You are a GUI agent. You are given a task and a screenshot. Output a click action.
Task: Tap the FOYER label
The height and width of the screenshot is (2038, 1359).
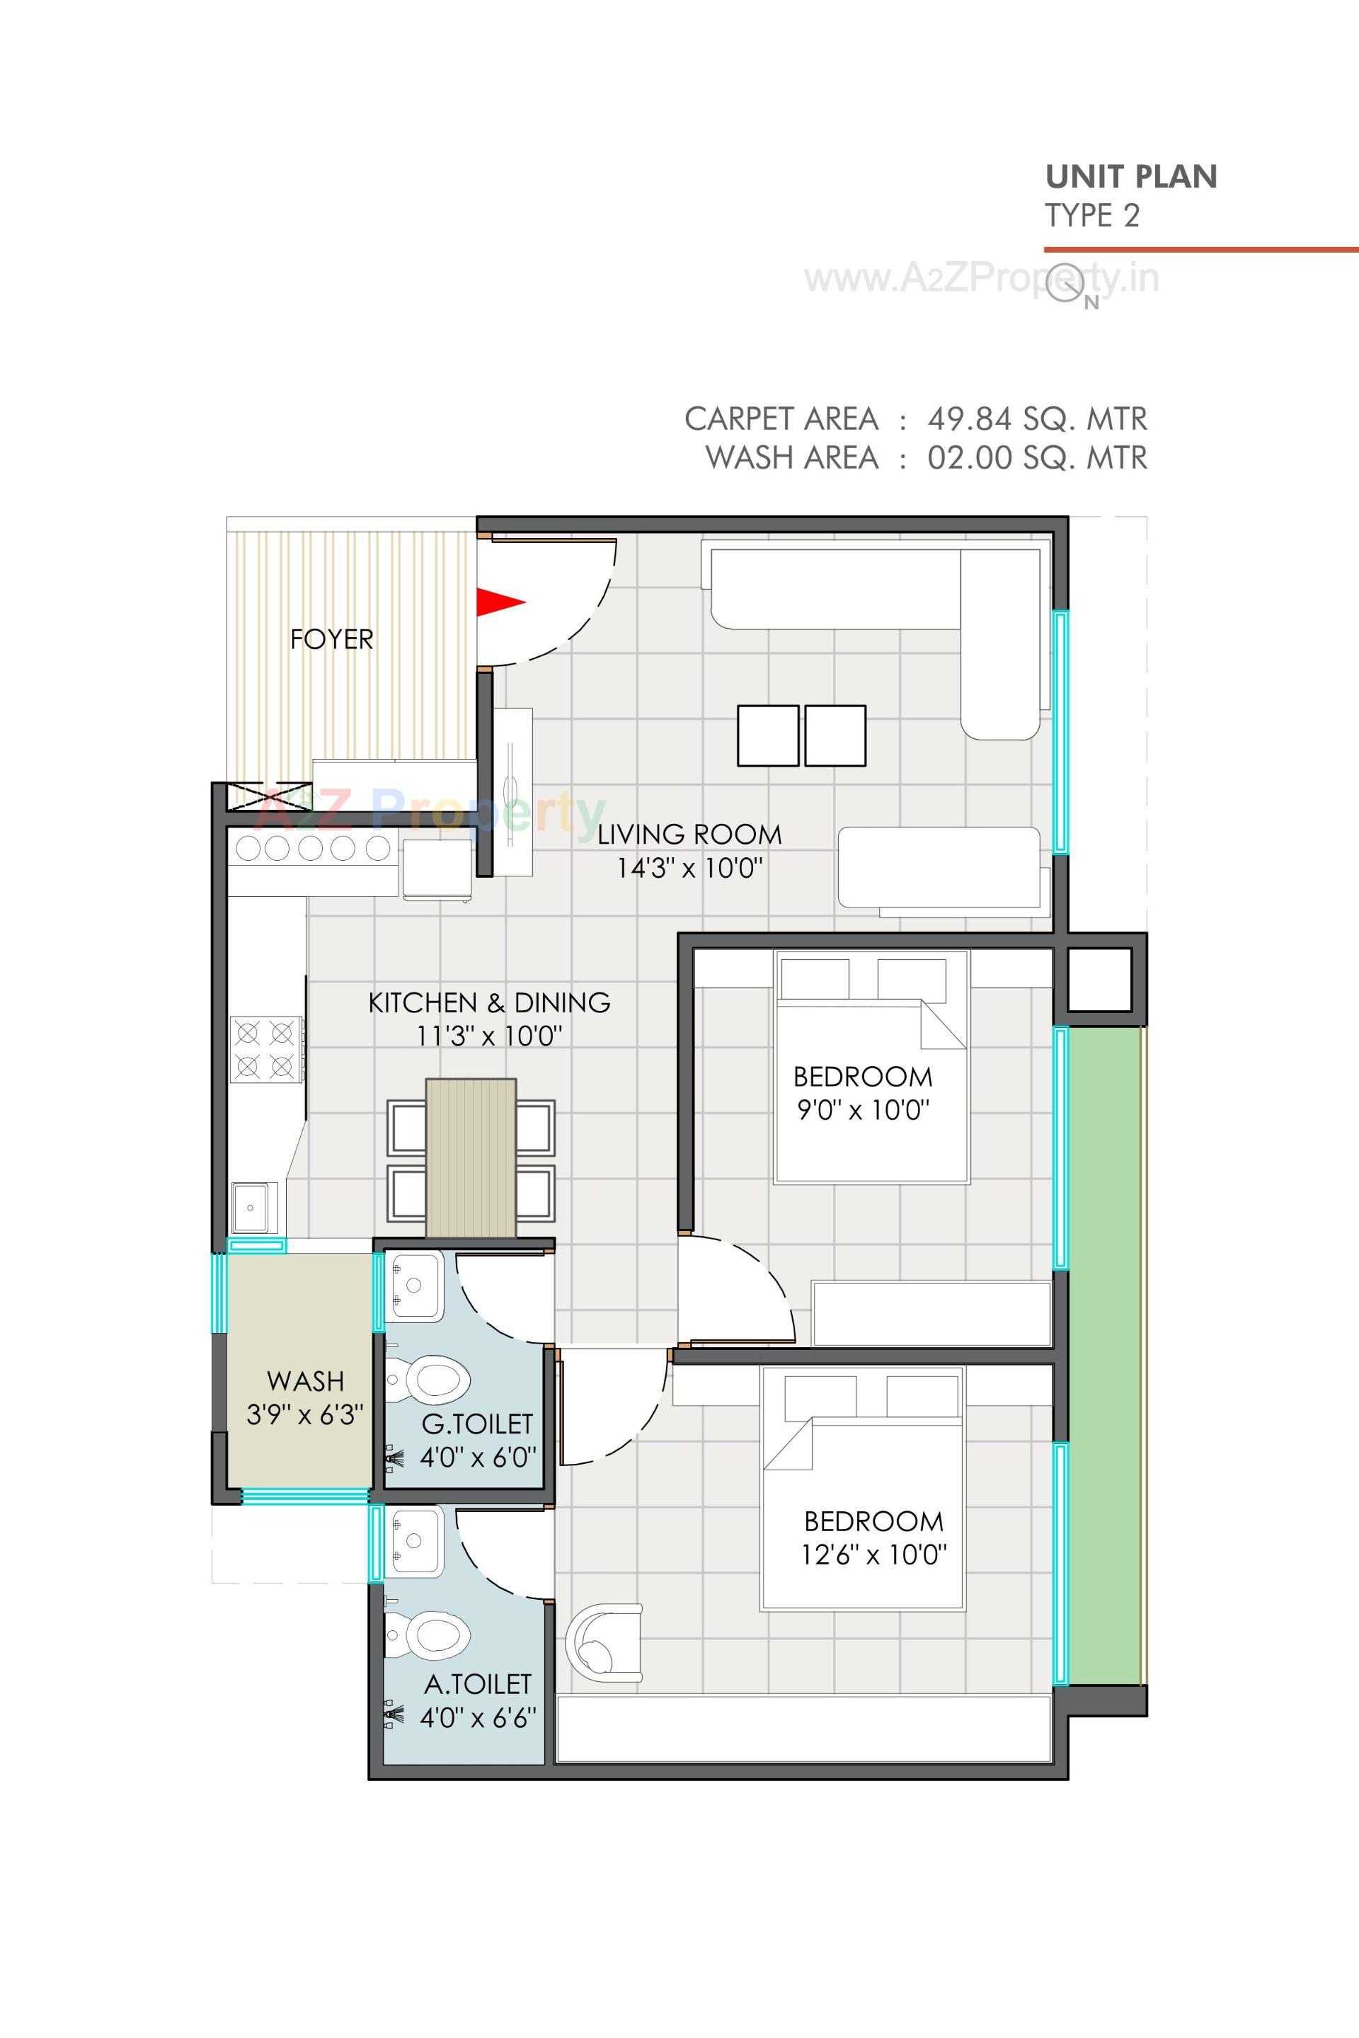tap(331, 640)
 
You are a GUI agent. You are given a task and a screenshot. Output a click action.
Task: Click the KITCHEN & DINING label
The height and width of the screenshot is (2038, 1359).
tap(489, 1002)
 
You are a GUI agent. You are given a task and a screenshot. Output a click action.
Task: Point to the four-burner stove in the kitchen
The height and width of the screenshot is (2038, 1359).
tap(264, 1050)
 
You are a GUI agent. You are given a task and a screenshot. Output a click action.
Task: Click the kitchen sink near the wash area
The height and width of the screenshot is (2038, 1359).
tap(253, 1207)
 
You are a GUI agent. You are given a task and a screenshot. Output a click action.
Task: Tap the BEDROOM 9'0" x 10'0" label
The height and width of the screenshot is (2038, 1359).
tap(862, 1092)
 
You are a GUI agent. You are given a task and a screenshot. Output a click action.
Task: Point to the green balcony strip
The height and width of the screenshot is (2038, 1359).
tap(1105, 1352)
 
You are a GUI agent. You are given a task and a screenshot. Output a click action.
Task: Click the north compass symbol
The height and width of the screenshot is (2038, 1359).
tap(1066, 283)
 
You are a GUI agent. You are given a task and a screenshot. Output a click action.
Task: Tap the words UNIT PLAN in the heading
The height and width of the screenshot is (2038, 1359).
tap(1130, 177)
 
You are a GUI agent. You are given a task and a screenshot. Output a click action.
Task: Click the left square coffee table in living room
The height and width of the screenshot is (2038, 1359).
tap(767, 735)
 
